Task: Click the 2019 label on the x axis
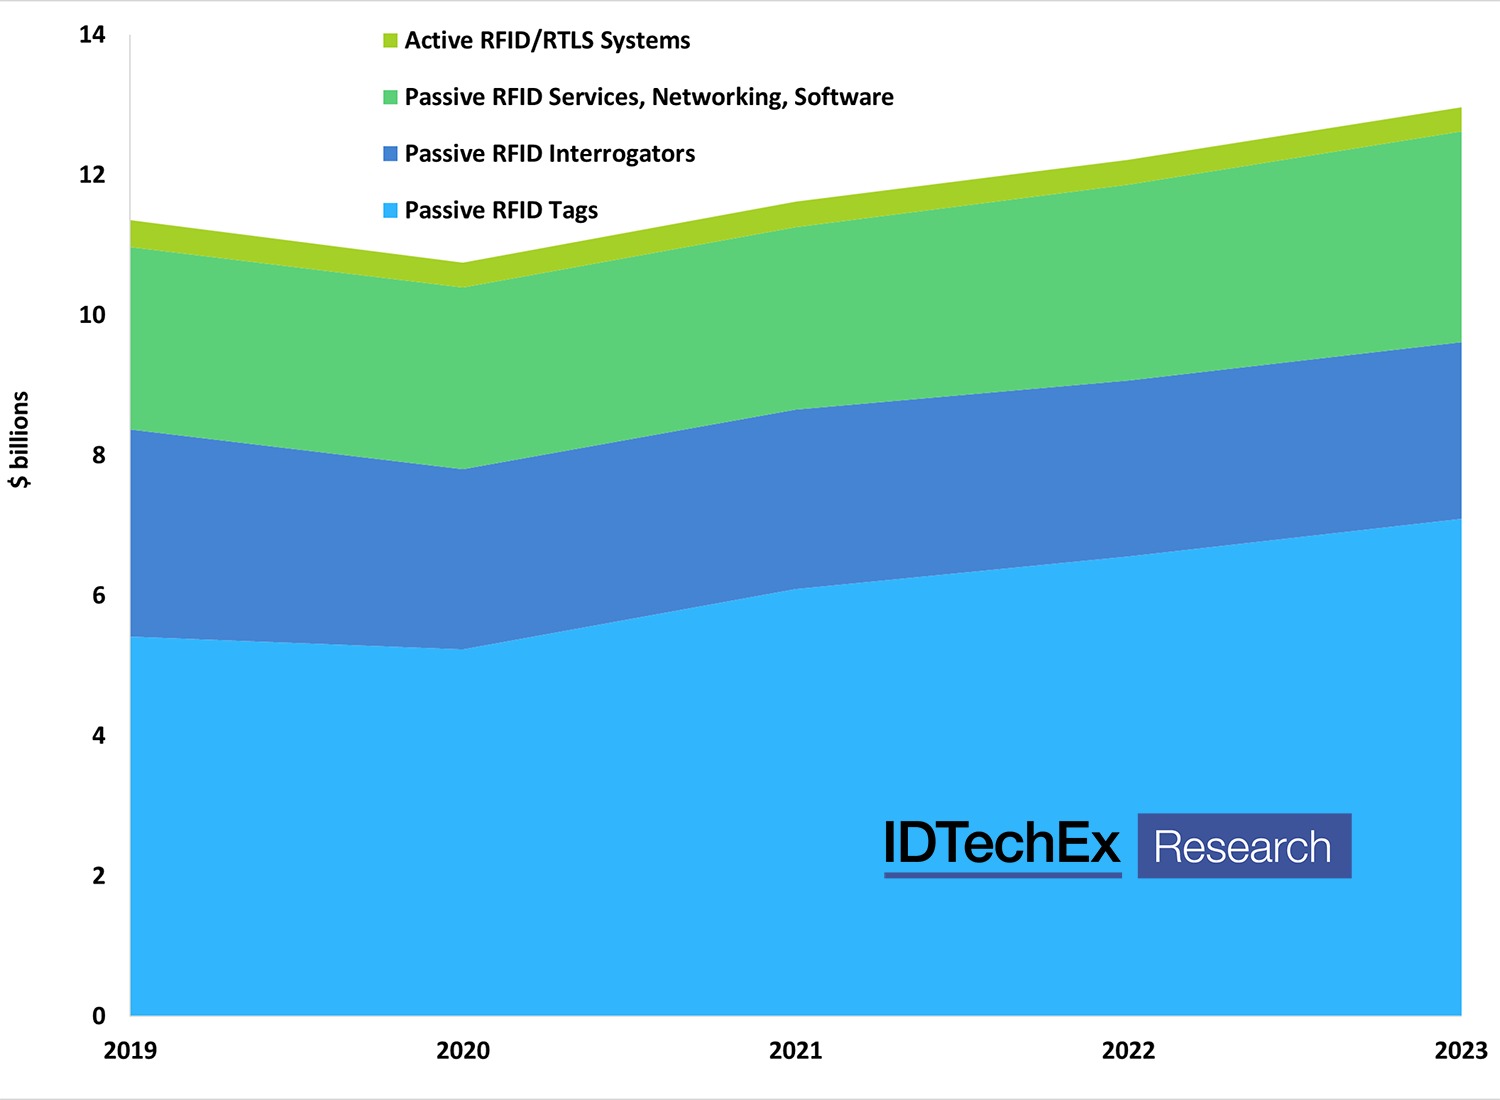[130, 1050]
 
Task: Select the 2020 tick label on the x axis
[463, 1050]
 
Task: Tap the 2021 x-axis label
[796, 1050]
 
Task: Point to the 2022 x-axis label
[1128, 1050]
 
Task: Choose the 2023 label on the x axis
[1460, 1050]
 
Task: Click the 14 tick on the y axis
[92, 35]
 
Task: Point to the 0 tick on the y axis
[98, 1016]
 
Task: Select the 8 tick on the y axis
[98, 455]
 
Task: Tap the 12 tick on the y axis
[92, 175]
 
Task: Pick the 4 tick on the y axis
[98, 736]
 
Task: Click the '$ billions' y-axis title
[20, 440]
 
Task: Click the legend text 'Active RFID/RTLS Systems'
[547, 41]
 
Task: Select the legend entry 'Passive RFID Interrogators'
[549, 154]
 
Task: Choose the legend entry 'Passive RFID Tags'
[501, 211]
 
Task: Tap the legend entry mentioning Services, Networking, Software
[649, 97]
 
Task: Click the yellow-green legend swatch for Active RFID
[390, 41]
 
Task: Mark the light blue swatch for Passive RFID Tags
[390, 211]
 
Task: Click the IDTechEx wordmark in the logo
[1002, 845]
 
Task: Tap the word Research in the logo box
[1243, 847]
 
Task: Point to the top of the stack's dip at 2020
[463, 264]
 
